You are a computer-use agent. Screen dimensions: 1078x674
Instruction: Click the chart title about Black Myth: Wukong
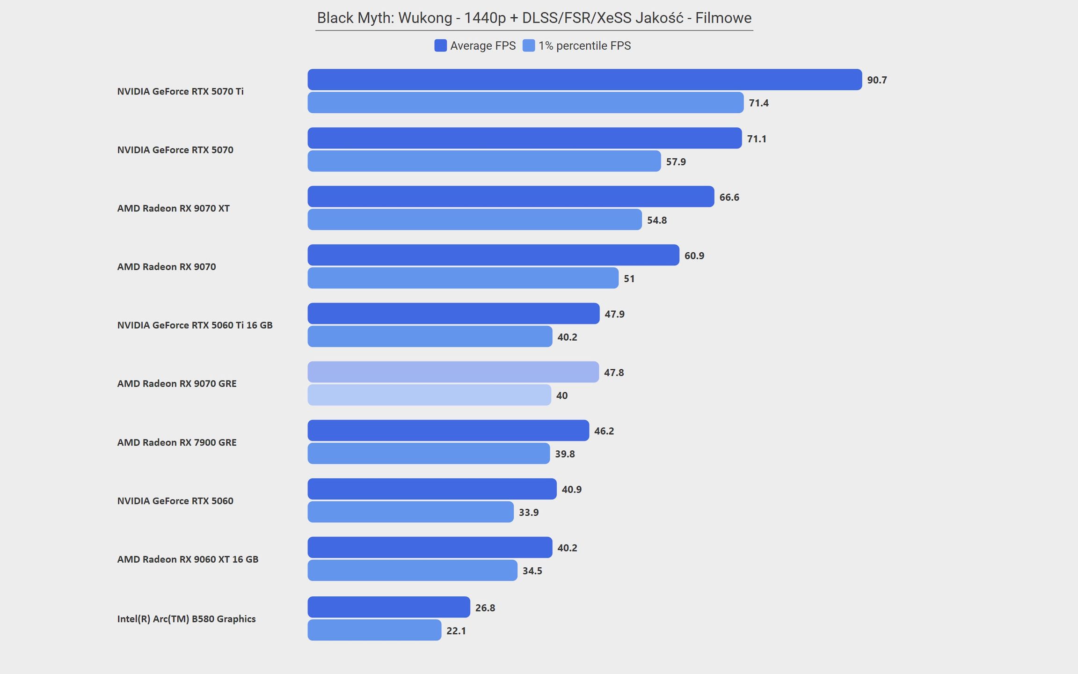pyautogui.click(x=534, y=18)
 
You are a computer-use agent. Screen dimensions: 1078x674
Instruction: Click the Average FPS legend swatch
pyautogui.click(x=440, y=45)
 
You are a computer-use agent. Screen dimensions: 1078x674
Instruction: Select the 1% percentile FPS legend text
pyautogui.click(x=584, y=46)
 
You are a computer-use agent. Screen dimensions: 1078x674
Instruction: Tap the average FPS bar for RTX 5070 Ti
pyautogui.click(x=584, y=80)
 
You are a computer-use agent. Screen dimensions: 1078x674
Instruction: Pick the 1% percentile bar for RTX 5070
pyautogui.click(x=484, y=161)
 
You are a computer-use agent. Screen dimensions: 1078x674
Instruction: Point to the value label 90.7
pyautogui.click(x=877, y=80)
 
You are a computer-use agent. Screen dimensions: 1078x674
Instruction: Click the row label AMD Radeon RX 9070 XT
pyautogui.click(x=173, y=208)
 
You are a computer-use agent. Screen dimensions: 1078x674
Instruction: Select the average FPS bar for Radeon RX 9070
pyautogui.click(x=493, y=255)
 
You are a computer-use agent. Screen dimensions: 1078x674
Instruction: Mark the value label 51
pyautogui.click(x=629, y=279)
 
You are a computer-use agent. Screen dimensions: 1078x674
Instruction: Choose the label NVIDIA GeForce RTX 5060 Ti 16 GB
pyautogui.click(x=195, y=325)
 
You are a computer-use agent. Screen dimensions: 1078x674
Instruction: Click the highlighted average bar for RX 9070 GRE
pyautogui.click(x=453, y=372)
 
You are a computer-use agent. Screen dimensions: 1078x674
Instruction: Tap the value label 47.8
pyautogui.click(x=614, y=373)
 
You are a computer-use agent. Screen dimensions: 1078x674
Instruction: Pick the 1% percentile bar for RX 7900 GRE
pyautogui.click(x=429, y=454)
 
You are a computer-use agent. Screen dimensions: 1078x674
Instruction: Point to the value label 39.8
pyautogui.click(x=565, y=454)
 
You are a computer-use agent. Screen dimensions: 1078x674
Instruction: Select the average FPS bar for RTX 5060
pyautogui.click(x=432, y=489)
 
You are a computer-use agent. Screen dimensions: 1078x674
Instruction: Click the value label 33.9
pyautogui.click(x=529, y=513)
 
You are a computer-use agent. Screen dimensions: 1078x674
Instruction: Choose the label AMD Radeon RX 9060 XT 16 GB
pyautogui.click(x=188, y=559)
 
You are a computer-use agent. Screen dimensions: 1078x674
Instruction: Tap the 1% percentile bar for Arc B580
pyautogui.click(x=374, y=630)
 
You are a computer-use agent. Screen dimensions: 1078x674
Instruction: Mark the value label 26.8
pyautogui.click(x=485, y=608)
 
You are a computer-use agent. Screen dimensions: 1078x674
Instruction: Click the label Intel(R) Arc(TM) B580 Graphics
pyautogui.click(x=186, y=619)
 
